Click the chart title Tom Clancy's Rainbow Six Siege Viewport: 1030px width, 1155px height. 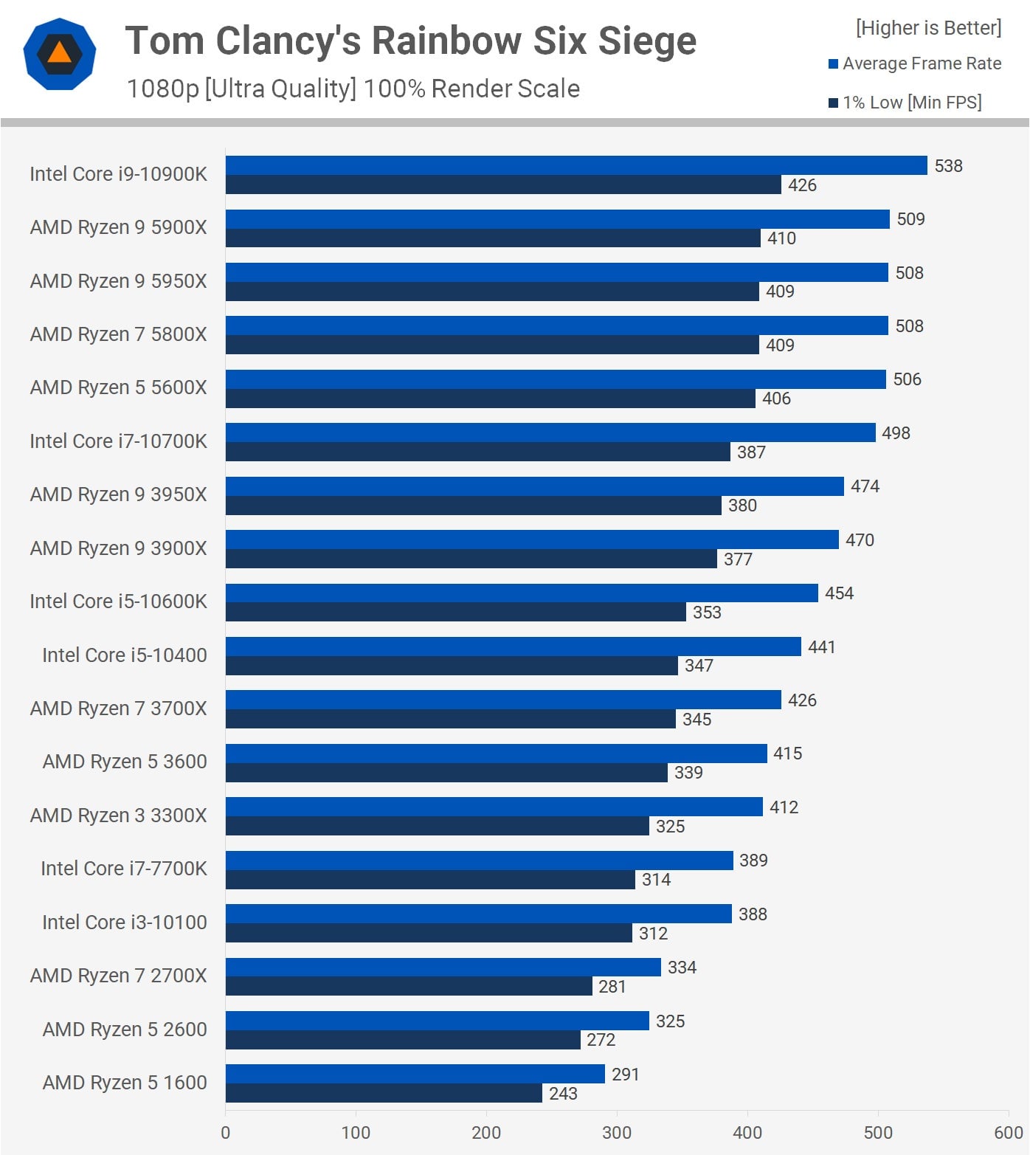click(410, 41)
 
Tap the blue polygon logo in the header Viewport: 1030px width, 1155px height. click(60, 54)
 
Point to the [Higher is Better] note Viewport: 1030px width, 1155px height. click(928, 28)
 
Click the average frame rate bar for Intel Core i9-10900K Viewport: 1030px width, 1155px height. click(576, 165)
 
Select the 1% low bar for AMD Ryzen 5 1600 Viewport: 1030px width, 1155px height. click(384, 1093)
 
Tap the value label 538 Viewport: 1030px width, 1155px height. click(948, 166)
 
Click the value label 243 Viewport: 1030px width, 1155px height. click(563, 1094)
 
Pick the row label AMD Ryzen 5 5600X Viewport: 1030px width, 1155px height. click(118, 387)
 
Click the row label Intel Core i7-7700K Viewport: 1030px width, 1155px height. click(124, 869)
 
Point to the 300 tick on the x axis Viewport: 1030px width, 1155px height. click(617, 1133)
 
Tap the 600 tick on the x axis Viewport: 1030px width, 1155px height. click(1008, 1133)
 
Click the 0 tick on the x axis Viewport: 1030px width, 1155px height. click(226, 1133)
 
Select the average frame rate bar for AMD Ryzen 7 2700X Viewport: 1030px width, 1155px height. click(443, 967)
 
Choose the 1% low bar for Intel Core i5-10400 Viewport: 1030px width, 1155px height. click(452, 666)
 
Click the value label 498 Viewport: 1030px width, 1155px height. click(896, 433)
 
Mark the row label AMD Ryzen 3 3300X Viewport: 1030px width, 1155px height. click(118, 816)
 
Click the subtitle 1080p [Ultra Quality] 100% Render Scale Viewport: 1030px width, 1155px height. click(353, 89)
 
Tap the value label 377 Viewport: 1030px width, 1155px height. click(738, 559)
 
